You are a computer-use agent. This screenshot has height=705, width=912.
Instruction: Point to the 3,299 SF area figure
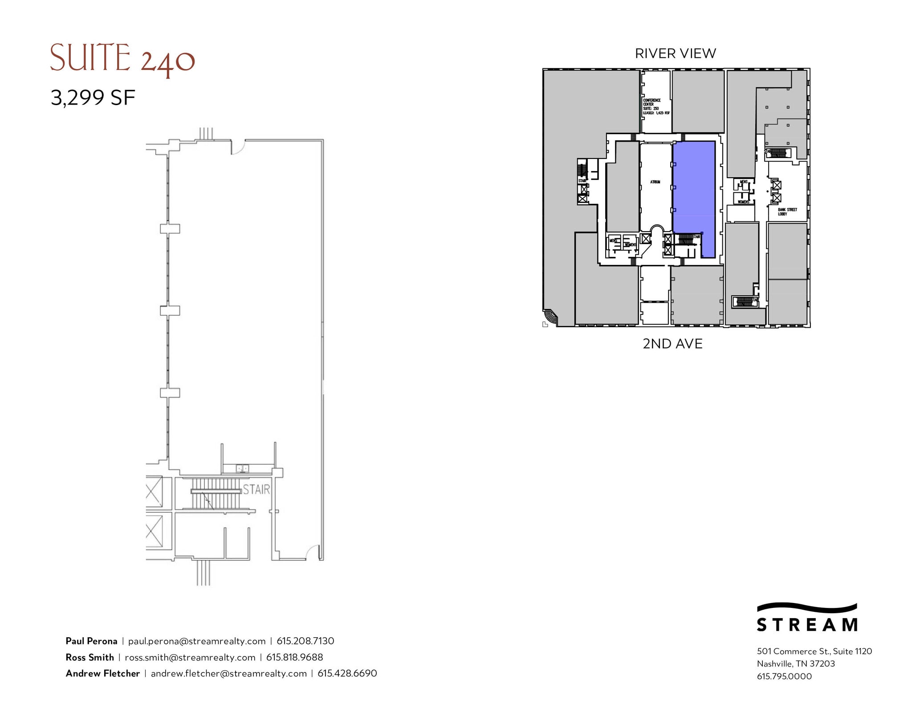93,98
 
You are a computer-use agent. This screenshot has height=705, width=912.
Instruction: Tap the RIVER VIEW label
675,53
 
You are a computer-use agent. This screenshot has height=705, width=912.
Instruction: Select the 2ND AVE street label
672,344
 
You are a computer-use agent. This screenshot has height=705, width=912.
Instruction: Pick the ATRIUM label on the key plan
655,182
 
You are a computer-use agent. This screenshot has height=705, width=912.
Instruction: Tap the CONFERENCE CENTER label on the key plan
652,102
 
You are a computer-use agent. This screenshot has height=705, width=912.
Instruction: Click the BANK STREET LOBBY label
787,212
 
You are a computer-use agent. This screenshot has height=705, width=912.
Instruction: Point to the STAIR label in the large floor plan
256,489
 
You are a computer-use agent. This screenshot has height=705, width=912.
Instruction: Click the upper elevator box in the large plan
154,491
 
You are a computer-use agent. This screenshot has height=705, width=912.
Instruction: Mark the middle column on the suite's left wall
170,310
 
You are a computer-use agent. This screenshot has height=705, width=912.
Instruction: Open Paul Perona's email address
197,641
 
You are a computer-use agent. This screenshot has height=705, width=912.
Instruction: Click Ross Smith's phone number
294,657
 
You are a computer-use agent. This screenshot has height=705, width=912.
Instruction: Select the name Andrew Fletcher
103,673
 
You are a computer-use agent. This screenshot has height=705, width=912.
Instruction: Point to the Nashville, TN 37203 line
796,664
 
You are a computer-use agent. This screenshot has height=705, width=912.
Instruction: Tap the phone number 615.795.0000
784,676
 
